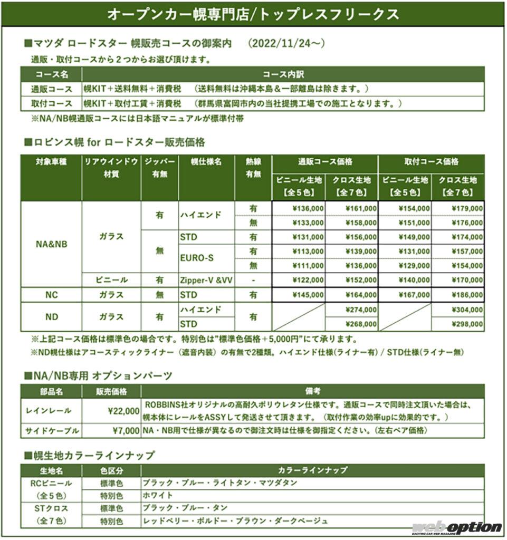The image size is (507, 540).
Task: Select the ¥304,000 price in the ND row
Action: point(466,310)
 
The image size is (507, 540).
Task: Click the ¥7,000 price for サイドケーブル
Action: point(126,431)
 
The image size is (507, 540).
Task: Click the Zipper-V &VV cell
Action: point(206,280)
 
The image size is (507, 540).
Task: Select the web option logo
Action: point(456,527)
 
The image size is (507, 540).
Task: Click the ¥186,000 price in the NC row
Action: point(466,295)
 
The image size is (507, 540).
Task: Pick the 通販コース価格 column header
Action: point(325,162)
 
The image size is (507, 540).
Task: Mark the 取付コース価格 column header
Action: point(432,162)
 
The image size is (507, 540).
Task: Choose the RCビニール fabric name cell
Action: point(51,483)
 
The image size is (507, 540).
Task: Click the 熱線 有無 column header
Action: point(253,168)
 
